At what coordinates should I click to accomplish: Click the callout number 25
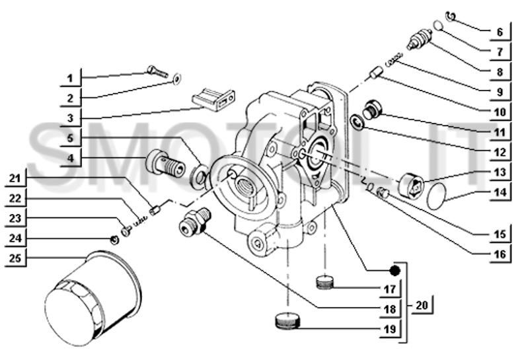pyautogui.click(x=15, y=258)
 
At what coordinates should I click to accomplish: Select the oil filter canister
pyautogui.click(x=93, y=298)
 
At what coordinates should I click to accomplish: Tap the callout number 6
pyautogui.click(x=500, y=32)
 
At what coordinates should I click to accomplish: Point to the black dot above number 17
pyautogui.click(x=395, y=270)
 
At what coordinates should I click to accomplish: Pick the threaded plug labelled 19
pyautogui.click(x=287, y=321)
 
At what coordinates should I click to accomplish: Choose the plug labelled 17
pyautogui.click(x=324, y=282)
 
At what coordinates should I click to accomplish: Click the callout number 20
pyautogui.click(x=422, y=305)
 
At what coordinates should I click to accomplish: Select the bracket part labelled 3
pyautogui.click(x=213, y=99)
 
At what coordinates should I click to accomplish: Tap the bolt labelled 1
pyautogui.click(x=157, y=71)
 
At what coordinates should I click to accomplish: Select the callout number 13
pyautogui.click(x=500, y=172)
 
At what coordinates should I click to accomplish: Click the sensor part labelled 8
pyautogui.click(x=420, y=40)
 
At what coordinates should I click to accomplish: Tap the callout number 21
pyautogui.click(x=15, y=178)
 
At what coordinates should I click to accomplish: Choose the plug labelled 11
pyautogui.click(x=373, y=110)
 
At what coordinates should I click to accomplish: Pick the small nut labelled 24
pyautogui.click(x=114, y=239)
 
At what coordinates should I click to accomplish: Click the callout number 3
pyautogui.click(x=70, y=118)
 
